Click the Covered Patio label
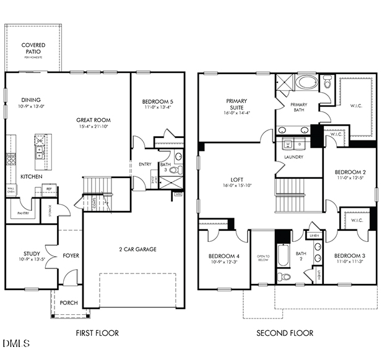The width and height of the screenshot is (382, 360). click(x=33, y=48)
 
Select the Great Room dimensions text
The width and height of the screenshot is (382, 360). click(x=93, y=127)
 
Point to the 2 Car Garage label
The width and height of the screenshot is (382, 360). click(x=137, y=249)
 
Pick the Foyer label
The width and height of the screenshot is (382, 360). click(x=71, y=255)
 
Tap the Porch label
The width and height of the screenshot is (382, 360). click(x=68, y=302)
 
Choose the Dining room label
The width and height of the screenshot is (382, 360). click(x=31, y=100)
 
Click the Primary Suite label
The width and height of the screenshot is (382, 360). click(x=237, y=104)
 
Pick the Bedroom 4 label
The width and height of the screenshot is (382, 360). click(x=224, y=256)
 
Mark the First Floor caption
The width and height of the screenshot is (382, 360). click(x=97, y=333)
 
